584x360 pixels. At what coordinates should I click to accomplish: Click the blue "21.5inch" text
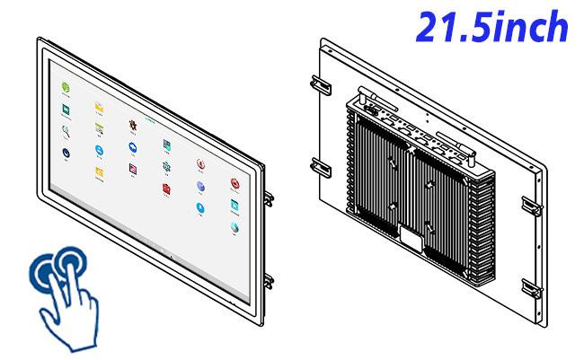491,26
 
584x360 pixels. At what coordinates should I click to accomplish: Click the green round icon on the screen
66,87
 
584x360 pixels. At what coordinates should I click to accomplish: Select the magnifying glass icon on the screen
66,131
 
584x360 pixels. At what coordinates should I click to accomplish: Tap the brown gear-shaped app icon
133,125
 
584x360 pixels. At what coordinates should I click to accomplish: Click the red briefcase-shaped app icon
166,189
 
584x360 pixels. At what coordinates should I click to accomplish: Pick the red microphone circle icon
200,163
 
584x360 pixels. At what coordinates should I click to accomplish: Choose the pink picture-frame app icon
133,169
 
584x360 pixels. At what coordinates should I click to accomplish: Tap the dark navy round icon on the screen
66,153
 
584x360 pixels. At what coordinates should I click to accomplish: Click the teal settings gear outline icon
166,166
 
